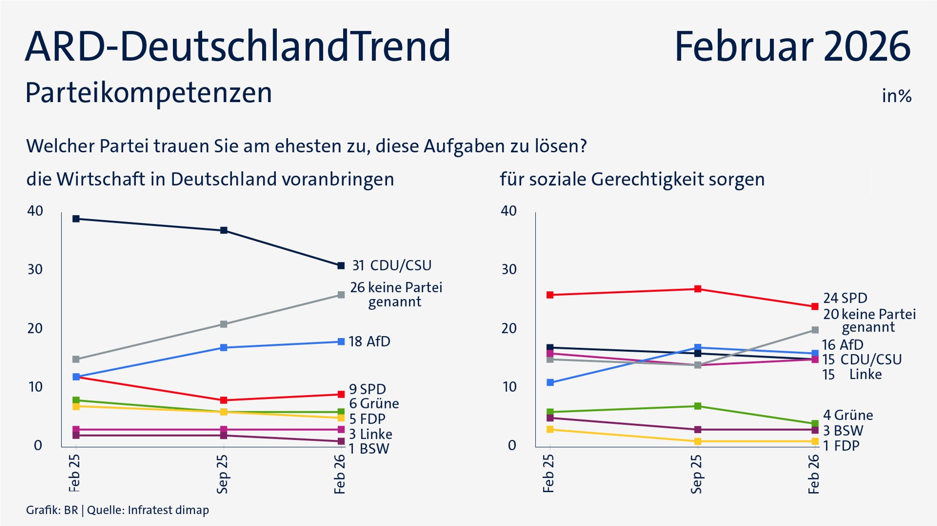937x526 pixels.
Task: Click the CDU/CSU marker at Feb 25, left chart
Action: coord(76,219)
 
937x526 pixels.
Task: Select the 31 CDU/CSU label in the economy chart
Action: coord(392,265)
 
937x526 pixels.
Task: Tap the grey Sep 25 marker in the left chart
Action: coord(224,324)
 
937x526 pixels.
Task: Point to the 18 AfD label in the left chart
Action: coord(369,341)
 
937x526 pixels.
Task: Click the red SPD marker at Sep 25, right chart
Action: coord(698,289)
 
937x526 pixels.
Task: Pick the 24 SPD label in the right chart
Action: coord(845,298)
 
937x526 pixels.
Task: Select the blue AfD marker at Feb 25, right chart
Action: coord(550,382)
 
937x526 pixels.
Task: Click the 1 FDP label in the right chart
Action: coord(841,445)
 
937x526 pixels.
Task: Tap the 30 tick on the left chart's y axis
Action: coord(35,269)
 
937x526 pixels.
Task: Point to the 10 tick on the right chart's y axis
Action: coord(509,387)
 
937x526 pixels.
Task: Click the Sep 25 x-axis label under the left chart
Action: coord(223,474)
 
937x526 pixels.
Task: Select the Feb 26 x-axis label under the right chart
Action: coord(814,474)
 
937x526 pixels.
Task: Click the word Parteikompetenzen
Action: coord(149,93)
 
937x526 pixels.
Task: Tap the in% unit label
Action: coord(896,96)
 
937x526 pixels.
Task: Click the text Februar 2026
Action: coord(792,47)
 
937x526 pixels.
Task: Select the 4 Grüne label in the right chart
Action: coord(848,415)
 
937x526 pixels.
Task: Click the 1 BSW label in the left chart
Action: coord(369,449)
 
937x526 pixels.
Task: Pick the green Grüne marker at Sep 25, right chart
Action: coord(698,406)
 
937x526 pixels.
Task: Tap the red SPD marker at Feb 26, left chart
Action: coord(341,394)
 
